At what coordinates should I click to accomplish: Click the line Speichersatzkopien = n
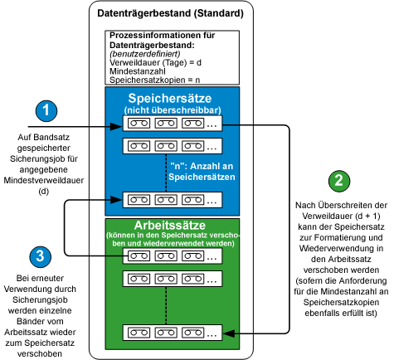pos(155,81)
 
